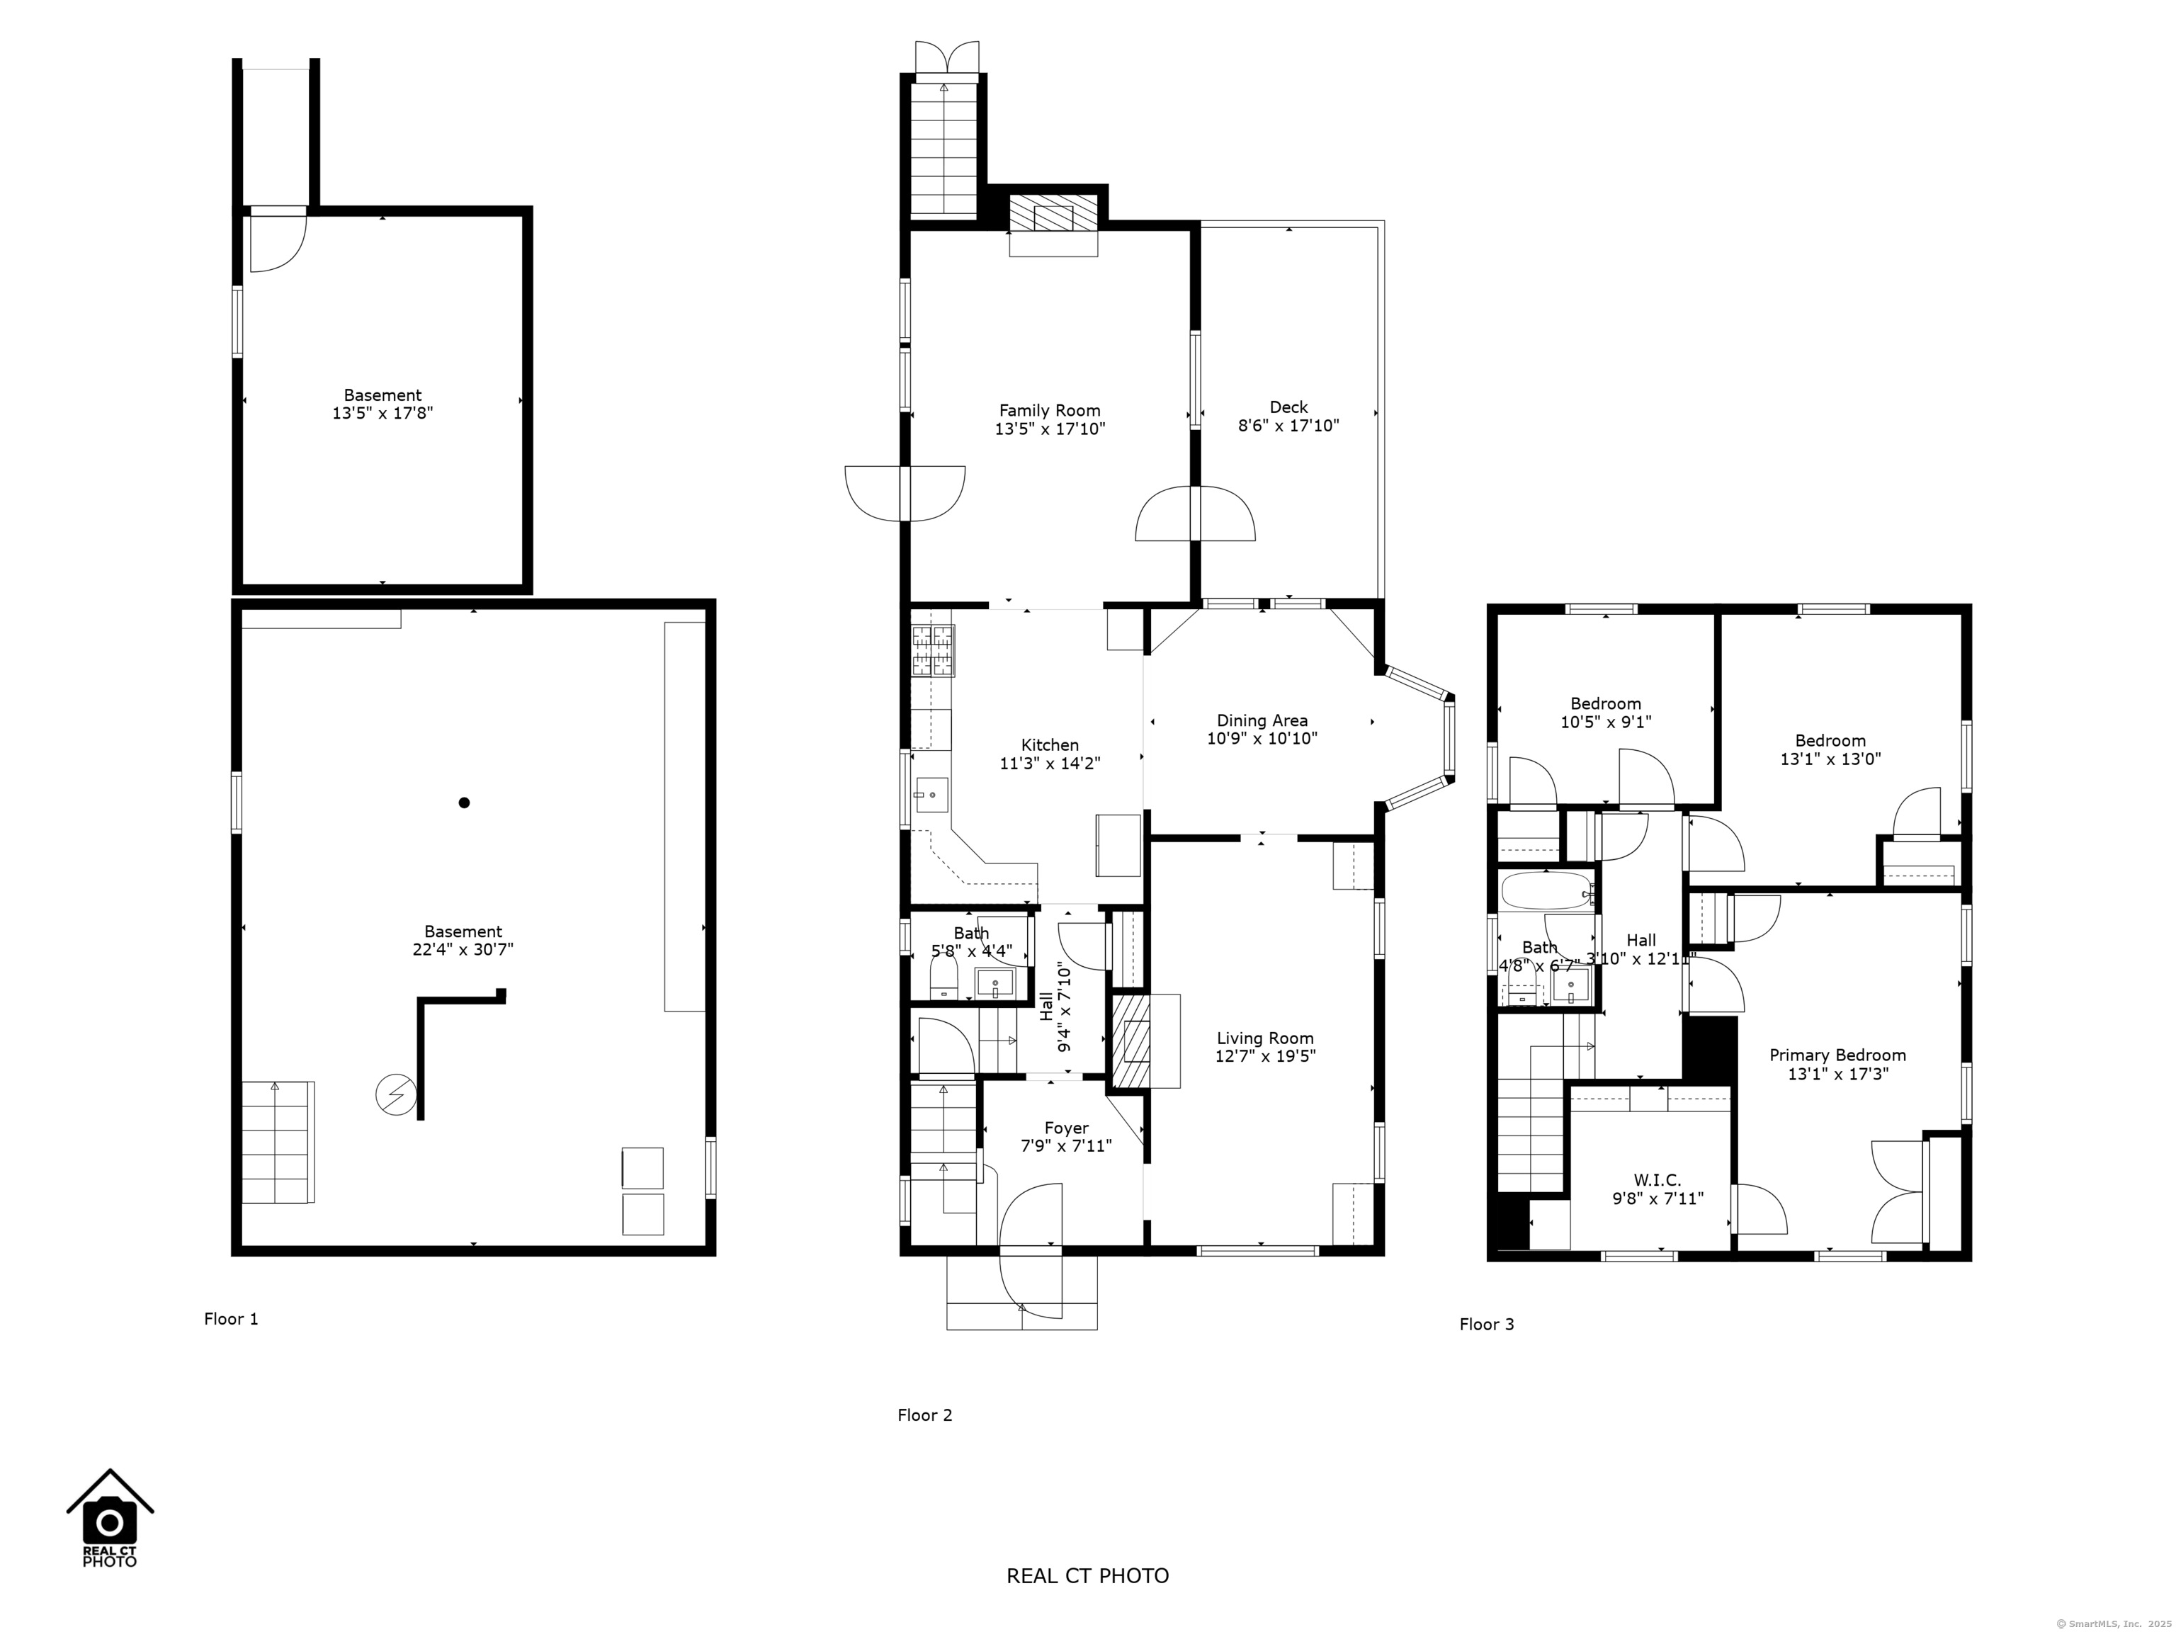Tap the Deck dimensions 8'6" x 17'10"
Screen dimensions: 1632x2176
pyautogui.click(x=1288, y=426)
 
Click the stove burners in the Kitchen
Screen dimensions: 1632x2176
pyautogui.click(x=933, y=650)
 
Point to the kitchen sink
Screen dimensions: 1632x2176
pyautogui.click(x=931, y=794)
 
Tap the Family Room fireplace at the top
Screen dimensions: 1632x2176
pyautogui.click(x=1053, y=212)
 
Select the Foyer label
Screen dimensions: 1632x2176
pyautogui.click(x=1065, y=1128)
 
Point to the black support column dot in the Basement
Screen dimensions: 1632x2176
pyautogui.click(x=465, y=803)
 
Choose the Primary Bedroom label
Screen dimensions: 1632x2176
pyautogui.click(x=1837, y=1055)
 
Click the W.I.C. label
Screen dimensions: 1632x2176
pyautogui.click(x=1657, y=1179)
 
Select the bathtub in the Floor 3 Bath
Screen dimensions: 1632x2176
pyautogui.click(x=1546, y=891)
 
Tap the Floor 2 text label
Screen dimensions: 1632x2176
pyautogui.click(x=924, y=1415)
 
